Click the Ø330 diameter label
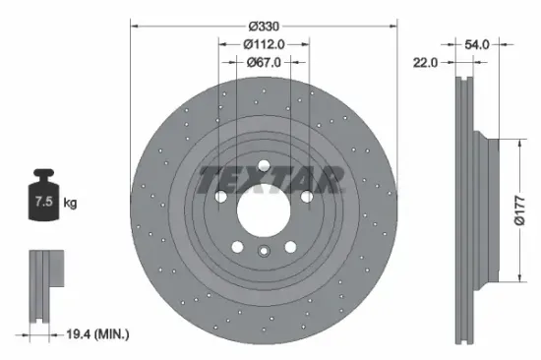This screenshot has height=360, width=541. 263,25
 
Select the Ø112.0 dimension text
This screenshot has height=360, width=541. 263,43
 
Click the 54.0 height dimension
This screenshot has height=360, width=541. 477,43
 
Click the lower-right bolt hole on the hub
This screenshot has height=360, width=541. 290,246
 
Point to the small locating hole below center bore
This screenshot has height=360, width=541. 263,253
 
